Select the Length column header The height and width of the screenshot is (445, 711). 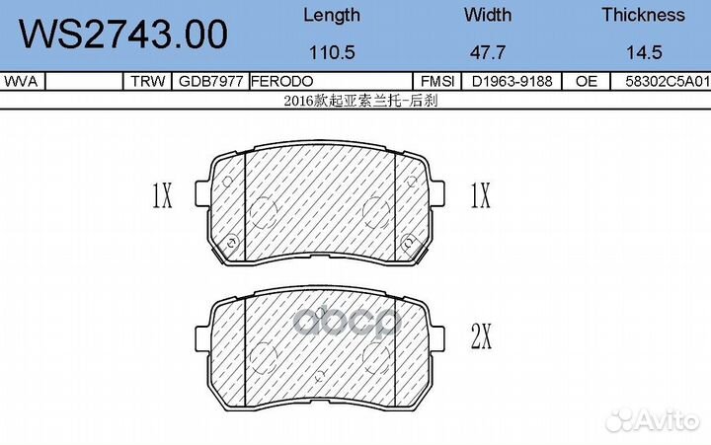coord(331,15)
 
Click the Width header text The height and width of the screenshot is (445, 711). coord(487,15)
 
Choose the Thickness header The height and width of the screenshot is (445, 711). coord(643,15)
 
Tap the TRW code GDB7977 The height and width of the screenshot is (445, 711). coord(208,83)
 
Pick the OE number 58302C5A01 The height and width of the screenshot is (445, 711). coord(667,83)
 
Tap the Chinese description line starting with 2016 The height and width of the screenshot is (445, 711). coord(355,100)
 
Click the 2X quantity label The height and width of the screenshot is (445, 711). coord(481,338)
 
